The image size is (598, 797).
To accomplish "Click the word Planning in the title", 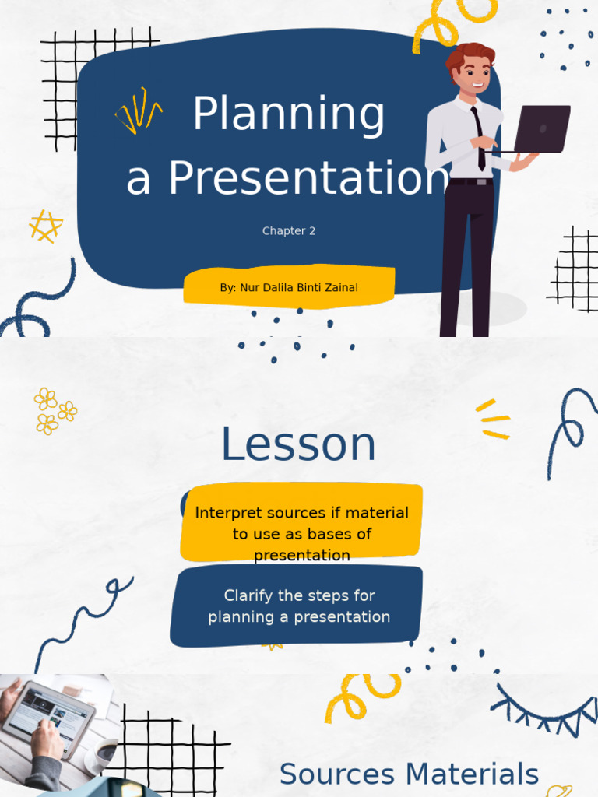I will pyautogui.click(x=288, y=115).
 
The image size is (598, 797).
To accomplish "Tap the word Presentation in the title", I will pyautogui.click(x=309, y=178).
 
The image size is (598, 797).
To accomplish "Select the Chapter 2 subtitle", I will pyautogui.click(x=289, y=231).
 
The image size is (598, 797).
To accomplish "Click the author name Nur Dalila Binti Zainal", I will pyautogui.click(x=299, y=288).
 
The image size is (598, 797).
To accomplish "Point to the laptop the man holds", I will pyautogui.click(x=540, y=128).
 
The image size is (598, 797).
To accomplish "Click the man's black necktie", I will pyautogui.click(x=479, y=137).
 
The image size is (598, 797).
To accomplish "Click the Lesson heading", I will pyautogui.click(x=298, y=445).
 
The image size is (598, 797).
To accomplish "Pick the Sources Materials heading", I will pyautogui.click(x=409, y=774).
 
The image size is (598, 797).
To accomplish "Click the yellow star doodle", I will pyautogui.click(x=45, y=226).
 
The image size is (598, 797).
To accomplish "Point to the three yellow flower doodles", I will pyautogui.click(x=54, y=410).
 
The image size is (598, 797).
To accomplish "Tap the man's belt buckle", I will pyautogui.click(x=481, y=182).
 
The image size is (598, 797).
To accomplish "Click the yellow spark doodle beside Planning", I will pyautogui.click(x=139, y=111).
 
